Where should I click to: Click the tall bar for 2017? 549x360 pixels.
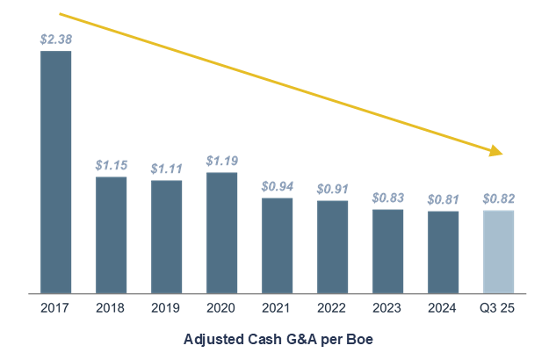(56, 172)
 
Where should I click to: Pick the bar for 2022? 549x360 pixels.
(332, 247)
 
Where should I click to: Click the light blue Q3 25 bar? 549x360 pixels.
(499, 251)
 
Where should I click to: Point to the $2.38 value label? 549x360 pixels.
(56, 40)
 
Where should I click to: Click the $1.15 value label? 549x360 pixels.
(111, 165)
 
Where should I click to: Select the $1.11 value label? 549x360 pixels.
(166, 169)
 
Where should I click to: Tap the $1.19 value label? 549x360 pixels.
(221, 161)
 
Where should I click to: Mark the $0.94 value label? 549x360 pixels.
(278, 186)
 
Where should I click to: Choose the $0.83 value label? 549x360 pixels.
(388, 198)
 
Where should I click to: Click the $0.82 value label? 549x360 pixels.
(499, 198)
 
